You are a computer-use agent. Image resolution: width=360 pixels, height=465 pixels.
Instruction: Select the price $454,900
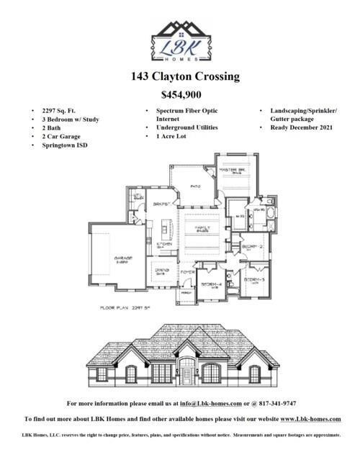click(x=180, y=94)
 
